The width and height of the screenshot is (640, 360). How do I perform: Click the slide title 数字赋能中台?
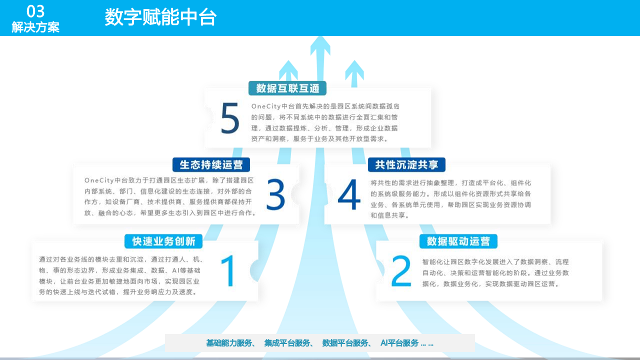(160, 17)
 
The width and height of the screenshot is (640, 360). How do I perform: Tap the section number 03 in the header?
(35, 11)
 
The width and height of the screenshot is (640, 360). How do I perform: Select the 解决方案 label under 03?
(35, 27)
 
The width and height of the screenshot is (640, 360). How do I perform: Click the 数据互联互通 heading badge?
(287, 88)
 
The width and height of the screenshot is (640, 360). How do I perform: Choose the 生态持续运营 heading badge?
(211, 165)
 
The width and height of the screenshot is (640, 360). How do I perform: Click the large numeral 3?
(275, 194)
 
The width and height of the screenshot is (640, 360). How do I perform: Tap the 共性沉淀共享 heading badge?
(406, 165)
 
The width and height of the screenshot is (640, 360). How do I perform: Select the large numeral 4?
(349, 195)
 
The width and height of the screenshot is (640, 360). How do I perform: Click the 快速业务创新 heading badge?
(163, 241)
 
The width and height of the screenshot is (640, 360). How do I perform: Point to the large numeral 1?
(228, 270)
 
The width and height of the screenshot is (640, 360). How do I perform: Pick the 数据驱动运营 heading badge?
(458, 241)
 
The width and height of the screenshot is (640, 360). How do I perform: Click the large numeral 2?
(401, 271)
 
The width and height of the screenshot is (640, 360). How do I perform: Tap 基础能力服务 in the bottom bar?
(229, 343)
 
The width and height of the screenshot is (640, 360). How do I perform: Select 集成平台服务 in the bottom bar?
(287, 343)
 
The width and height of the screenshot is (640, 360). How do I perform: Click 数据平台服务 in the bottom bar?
(345, 343)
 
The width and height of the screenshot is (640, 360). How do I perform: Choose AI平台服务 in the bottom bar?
(399, 343)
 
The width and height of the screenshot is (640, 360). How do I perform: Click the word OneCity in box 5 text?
(265, 106)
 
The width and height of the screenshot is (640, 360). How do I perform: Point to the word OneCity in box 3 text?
(98, 180)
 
